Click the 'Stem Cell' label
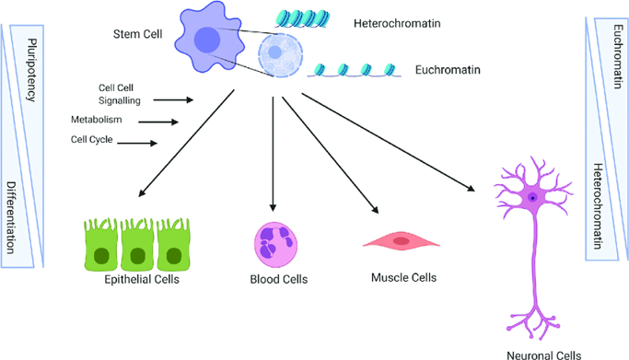[x=137, y=34]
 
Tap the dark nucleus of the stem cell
[x=207, y=40]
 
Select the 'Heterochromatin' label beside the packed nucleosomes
[x=397, y=23]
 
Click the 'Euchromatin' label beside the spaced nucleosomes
[x=448, y=70]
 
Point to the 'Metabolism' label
[x=97, y=120]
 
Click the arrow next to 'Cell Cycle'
[x=137, y=143]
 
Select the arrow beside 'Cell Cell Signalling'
[x=173, y=99]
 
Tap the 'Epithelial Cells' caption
[x=142, y=279]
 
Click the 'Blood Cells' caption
[x=279, y=279]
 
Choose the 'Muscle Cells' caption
[x=403, y=277]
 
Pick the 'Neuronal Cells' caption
[x=543, y=354]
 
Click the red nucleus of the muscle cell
[x=402, y=241]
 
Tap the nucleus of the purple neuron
[x=532, y=198]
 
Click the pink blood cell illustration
[x=275, y=245]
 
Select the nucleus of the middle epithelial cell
[x=137, y=256]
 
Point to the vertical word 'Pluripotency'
[x=31, y=70]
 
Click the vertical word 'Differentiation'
[x=11, y=217]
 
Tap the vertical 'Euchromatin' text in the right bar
[x=618, y=56]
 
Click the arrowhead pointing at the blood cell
[x=273, y=208]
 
